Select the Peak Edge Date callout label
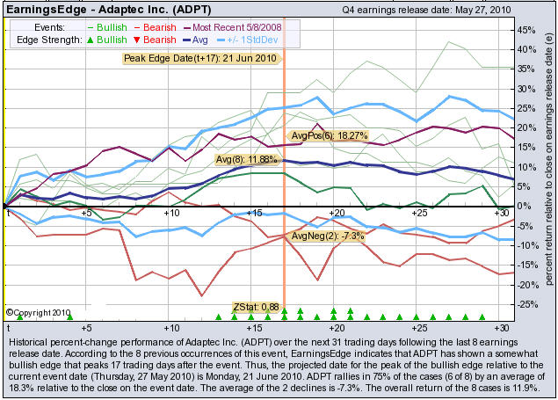200,58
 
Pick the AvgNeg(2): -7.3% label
322,236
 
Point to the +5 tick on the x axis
86,214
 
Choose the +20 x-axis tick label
337,214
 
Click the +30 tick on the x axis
502,214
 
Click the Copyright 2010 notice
37,311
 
